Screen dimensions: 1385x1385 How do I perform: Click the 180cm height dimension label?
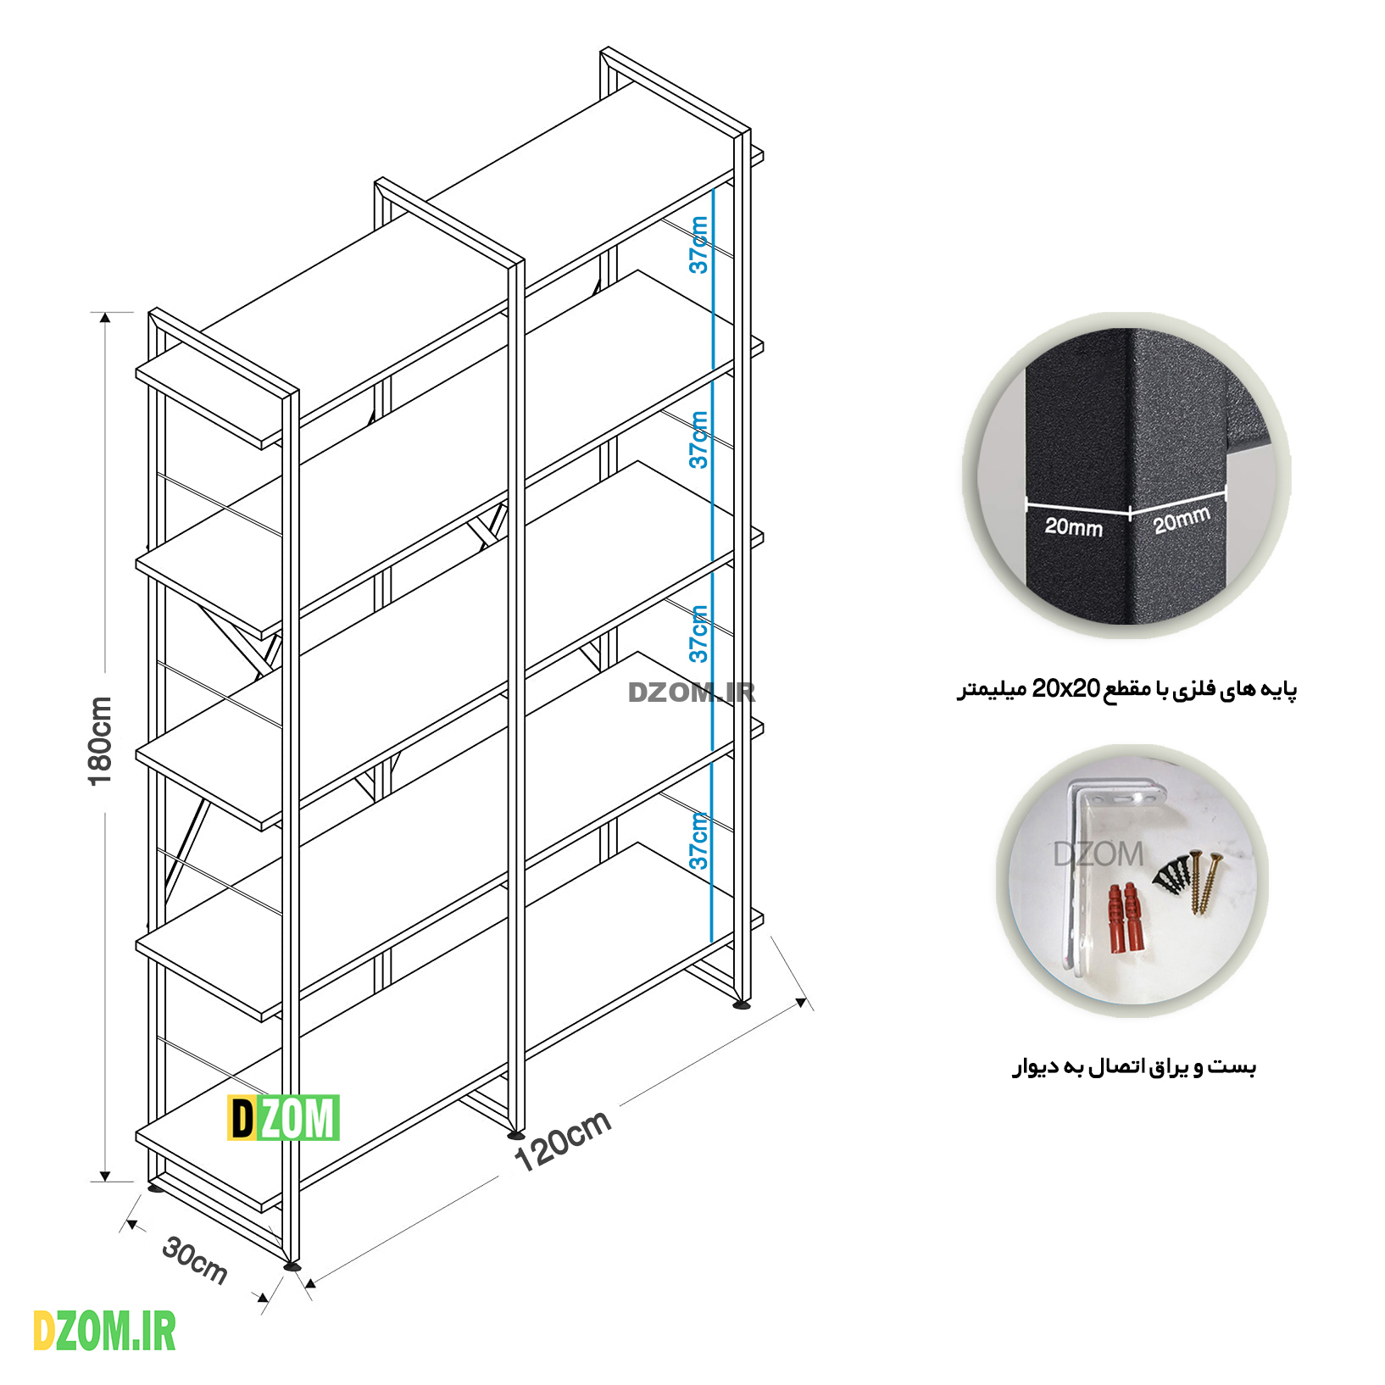point(100,741)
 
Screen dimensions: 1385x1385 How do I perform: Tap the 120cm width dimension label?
point(563,1140)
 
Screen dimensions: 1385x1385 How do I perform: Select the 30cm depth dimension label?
point(195,1260)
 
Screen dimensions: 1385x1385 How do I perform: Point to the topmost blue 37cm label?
point(698,245)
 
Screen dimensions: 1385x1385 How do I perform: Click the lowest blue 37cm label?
point(698,841)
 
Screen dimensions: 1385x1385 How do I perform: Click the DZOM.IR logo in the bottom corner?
point(104,1332)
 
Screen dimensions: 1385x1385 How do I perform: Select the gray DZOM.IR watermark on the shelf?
point(691,692)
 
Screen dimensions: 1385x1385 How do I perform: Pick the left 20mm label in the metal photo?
point(1073,527)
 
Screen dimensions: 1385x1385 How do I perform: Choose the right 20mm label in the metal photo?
point(1182,520)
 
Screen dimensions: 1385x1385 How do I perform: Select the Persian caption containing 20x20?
point(1126,689)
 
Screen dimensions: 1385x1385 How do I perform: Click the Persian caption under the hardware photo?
point(1134,1066)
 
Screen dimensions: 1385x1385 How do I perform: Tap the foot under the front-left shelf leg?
point(292,1266)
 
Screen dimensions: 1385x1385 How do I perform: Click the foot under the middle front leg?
point(515,1134)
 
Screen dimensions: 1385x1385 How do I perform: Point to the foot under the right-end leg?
point(742,1005)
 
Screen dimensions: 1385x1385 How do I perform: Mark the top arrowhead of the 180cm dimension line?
point(105,318)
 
